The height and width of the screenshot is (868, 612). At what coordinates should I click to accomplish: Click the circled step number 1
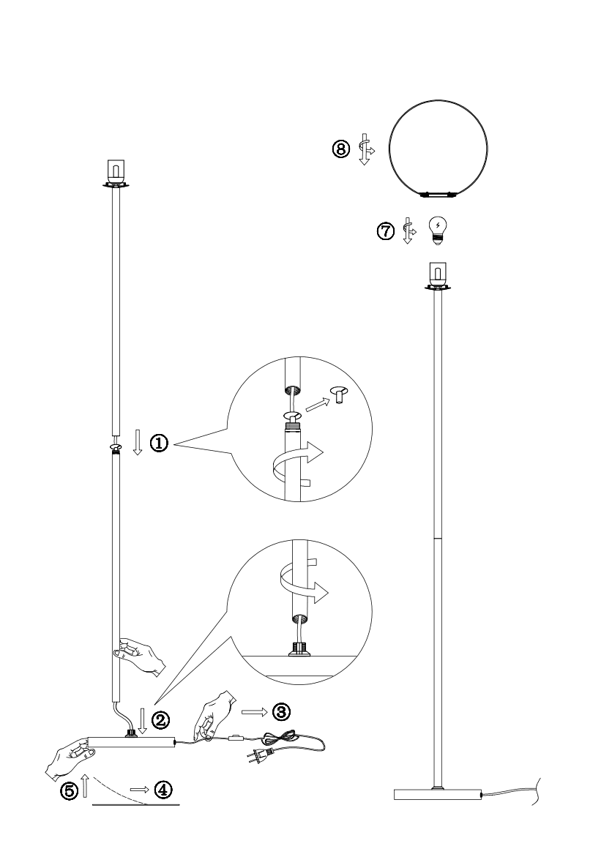point(159,444)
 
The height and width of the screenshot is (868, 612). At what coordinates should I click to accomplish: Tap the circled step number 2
point(160,719)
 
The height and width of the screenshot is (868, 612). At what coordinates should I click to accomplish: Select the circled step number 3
point(281,711)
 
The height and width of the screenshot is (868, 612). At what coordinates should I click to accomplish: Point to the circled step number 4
point(163,790)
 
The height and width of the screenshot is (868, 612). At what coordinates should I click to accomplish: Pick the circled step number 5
point(70,791)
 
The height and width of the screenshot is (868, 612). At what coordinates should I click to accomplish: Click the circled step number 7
point(386,231)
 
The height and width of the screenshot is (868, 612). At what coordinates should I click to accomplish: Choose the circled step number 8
point(341,149)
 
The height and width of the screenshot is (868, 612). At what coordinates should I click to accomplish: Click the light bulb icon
point(438,231)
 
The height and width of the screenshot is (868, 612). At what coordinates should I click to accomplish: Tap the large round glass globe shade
point(438,101)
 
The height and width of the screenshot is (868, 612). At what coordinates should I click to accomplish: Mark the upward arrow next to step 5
point(86,787)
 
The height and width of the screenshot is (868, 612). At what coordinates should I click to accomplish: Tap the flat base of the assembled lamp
point(437,794)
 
